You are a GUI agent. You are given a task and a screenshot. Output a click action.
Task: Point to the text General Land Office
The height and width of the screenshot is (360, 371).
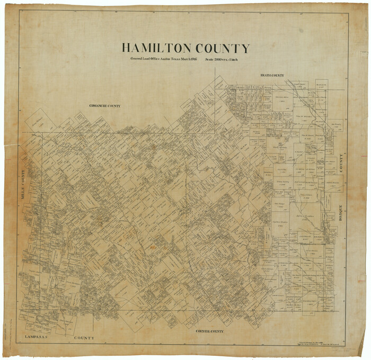tap(146, 60)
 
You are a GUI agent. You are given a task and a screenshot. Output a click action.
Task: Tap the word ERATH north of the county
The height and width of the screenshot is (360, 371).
tap(266, 76)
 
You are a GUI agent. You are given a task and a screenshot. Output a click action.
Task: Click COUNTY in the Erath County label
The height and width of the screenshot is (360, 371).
tap(279, 76)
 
